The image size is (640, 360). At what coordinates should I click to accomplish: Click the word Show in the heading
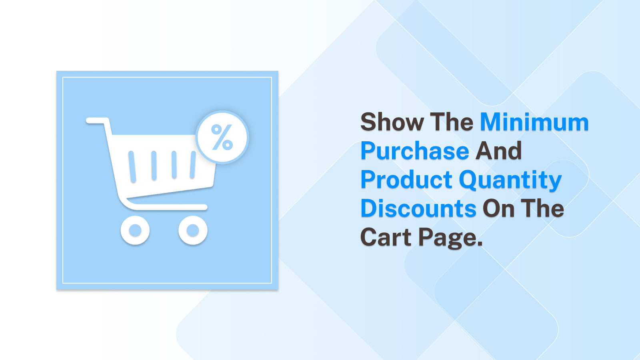(x=392, y=122)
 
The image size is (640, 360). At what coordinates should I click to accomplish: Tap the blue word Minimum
(x=534, y=122)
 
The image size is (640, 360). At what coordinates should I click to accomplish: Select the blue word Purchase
(x=415, y=151)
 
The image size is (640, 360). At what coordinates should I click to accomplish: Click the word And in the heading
(x=498, y=151)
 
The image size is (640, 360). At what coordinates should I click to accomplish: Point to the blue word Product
(x=406, y=180)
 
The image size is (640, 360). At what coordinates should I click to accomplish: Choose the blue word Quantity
(x=510, y=180)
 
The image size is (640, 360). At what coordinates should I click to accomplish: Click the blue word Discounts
(x=418, y=209)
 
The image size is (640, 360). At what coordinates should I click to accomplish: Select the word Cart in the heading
(x=386, y=238)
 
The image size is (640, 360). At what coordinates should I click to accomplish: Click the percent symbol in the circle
(x=222, y=137)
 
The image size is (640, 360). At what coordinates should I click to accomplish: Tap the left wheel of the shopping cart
(x=135, y=230)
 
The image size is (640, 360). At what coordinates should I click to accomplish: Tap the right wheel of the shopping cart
(x=193, y=230)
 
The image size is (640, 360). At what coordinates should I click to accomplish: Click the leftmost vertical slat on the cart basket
(x=132, y=166)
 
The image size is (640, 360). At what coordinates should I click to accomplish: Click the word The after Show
(x=451, y=122)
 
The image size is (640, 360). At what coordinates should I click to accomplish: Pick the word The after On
(x=542, y=209)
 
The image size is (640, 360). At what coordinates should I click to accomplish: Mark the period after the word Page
(x=480, y=244)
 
